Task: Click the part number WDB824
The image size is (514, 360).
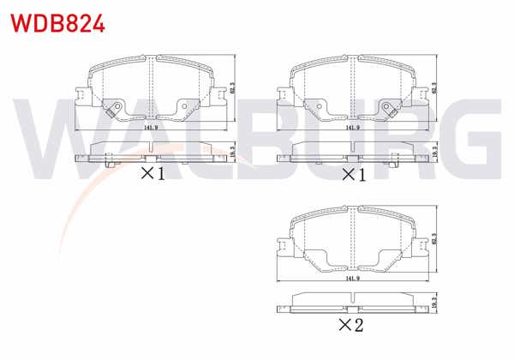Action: coord(57,22)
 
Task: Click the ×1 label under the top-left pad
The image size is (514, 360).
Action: coord(152,174)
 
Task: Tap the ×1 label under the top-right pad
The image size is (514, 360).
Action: coord(353,174)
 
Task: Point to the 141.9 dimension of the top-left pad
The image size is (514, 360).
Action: coord(151,127)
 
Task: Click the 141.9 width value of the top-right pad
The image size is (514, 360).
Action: coord(351,127)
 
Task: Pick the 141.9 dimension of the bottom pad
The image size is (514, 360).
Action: coord(351,278)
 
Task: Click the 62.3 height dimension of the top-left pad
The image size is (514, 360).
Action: coord(233,87)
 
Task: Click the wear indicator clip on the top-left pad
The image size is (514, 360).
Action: coord(111,108)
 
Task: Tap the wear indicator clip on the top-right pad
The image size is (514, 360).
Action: coord(390,108)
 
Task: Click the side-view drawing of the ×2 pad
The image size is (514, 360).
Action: coord(353,301)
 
